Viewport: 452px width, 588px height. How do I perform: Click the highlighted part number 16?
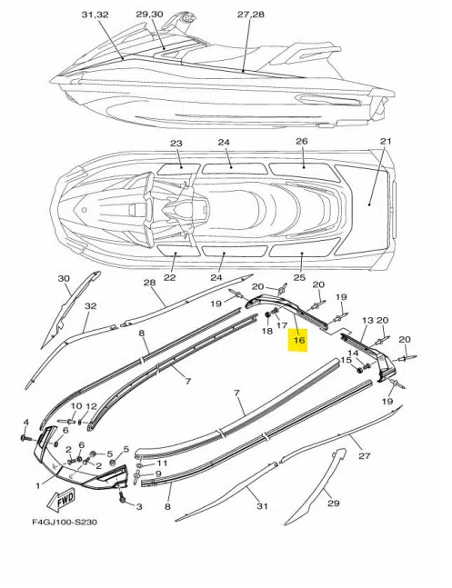(x=298, y=341)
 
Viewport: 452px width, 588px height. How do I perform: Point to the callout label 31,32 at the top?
(x=95, y=16)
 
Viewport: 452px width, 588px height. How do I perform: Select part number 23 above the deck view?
(x=176, y=144)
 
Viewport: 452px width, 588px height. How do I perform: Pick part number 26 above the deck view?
(x=302, y=142)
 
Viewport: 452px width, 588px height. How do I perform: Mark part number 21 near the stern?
(x=386, y=142)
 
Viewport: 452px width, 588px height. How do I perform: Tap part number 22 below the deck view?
(x=169, y=277)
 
